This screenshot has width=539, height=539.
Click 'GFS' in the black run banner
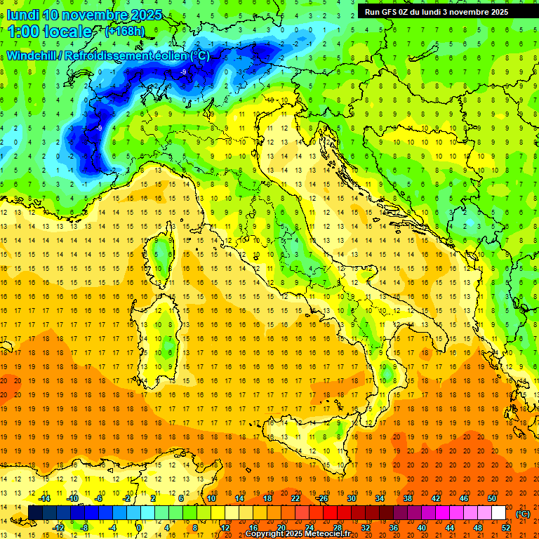tap(389, 12)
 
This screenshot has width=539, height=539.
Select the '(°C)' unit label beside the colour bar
tap(523, 514)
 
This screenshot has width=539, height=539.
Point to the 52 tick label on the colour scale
tap(506, 528)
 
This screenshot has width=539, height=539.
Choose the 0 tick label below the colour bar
tap(140, 528)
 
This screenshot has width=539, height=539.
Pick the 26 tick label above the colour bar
tap(323, 498)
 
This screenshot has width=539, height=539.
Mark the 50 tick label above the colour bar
tap(492, 498)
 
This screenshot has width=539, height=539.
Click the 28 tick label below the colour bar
tap(337, 528)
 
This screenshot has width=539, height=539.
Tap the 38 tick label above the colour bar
tap(407, 498)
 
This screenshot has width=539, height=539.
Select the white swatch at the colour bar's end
tap(499, 513)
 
